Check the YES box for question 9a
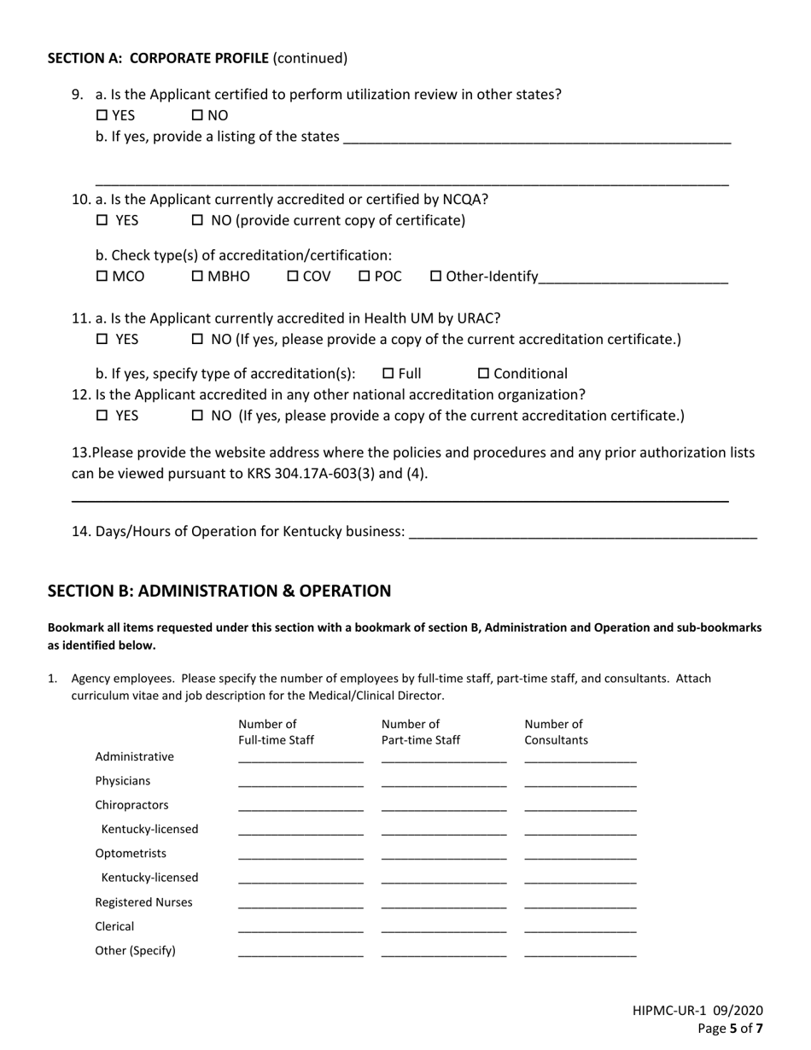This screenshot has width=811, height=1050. coord(102,115)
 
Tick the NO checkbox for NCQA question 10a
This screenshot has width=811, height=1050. coord(197,221)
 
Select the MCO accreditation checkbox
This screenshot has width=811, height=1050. coord(102,277)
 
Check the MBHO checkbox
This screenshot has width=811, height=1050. coord(197,277)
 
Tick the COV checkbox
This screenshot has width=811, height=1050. coord(293,277)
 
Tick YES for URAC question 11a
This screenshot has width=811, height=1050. coord(102,340)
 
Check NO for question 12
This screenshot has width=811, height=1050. coord(197,417)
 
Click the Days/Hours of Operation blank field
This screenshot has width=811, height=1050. coord(582,534)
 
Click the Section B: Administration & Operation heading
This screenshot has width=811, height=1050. coord(219,591)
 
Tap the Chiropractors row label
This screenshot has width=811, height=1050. coord(131,805)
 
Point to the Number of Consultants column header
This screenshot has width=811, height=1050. coord(556,732)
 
